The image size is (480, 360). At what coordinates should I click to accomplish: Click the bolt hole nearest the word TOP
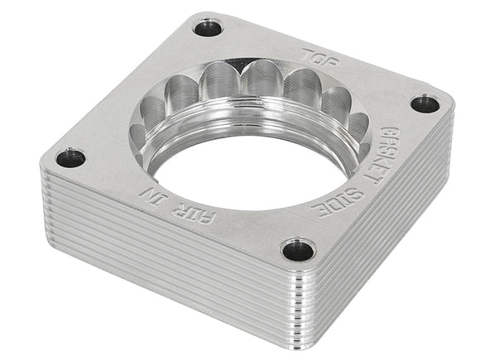(x=208, y=29)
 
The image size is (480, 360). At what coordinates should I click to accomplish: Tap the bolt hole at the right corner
(x=425, y=103)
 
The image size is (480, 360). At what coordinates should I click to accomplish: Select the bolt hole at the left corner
(x=71, y=157)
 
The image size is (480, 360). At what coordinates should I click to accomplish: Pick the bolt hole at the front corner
(x=298, y=250)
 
